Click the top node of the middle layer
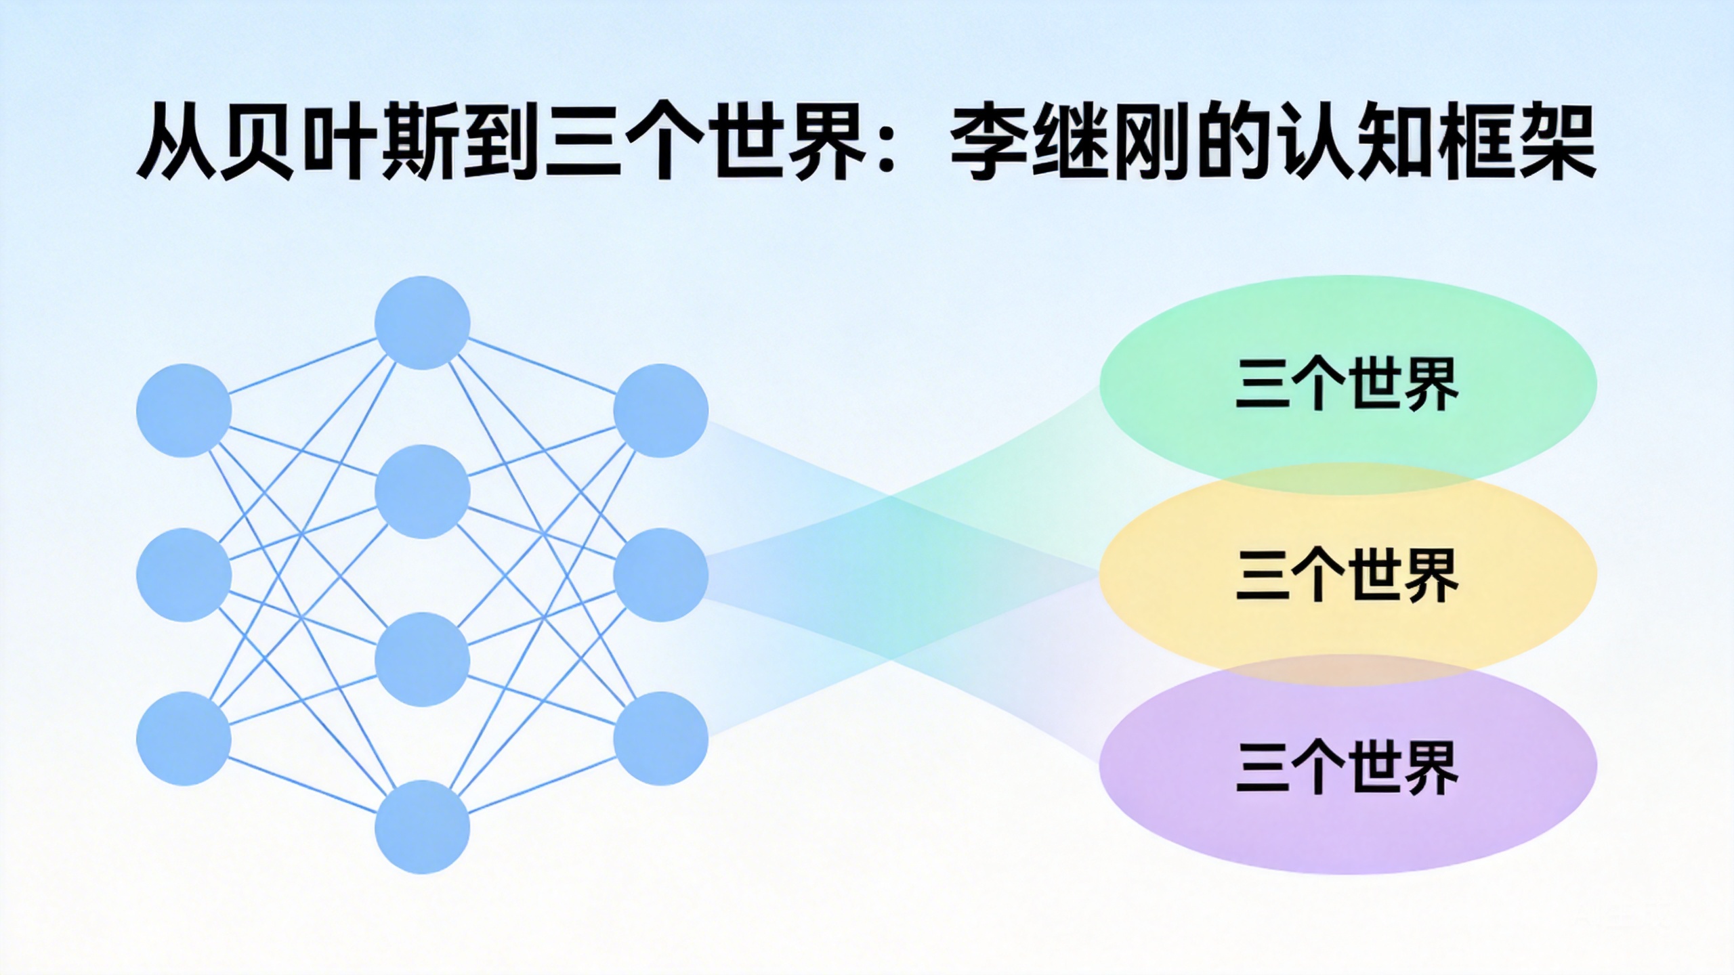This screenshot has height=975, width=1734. (422, 322)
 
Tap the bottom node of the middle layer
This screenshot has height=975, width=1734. (422, 827)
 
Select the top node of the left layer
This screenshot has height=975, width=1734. (184, 410)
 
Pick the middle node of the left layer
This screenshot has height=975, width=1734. (184, 575)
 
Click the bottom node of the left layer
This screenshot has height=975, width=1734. (184, 738)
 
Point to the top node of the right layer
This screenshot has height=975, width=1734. (660, 410)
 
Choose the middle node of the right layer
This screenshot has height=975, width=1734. (660, 575)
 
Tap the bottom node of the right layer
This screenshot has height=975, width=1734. (660, 738)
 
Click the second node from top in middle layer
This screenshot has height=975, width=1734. (422, 491)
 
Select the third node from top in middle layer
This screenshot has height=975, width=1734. (422, 659)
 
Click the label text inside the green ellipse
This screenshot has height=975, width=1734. (1347, 384)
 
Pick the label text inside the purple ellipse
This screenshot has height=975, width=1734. (1347, 767)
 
